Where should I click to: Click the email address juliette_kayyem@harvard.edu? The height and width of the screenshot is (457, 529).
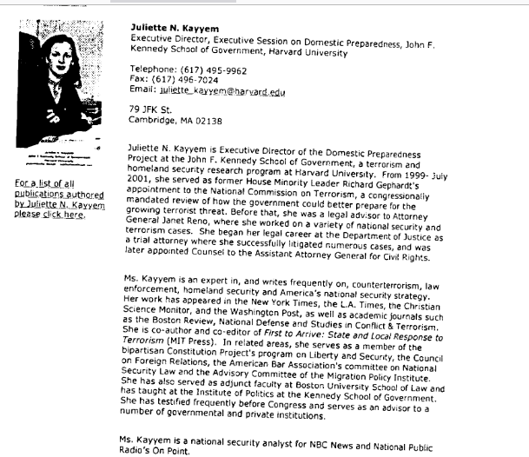[x=235, y=91]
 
